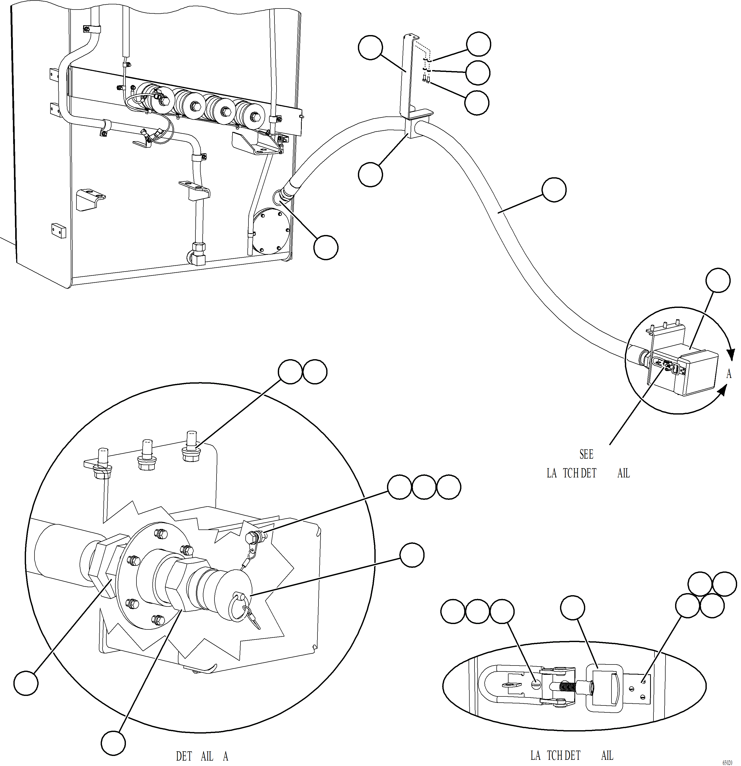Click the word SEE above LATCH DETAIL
[x=586, y=454]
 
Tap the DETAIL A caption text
[x=202, y=756]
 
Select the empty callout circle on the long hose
[x=554, y=190]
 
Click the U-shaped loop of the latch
[x=493, y=686]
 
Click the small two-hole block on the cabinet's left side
[x=58, y=231]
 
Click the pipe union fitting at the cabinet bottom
[x=199, y=254]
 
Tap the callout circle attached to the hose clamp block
[x=370, y=175]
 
